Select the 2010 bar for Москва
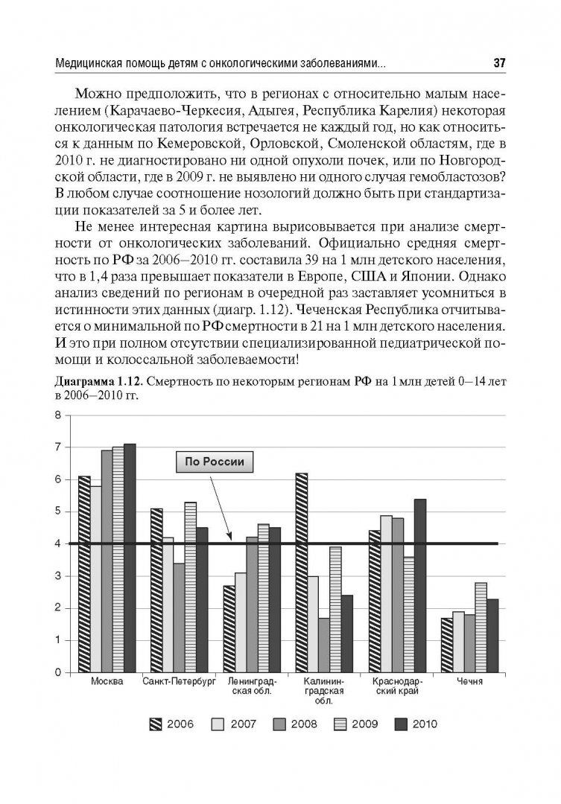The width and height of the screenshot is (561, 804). (x=130, y=558)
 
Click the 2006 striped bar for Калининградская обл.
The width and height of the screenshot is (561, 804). (x=301, y=572)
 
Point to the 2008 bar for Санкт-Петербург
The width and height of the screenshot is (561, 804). (x=178, y=617)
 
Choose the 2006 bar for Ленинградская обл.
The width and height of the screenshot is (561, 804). (x=229, y=628)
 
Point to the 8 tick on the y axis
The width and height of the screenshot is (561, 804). (x=57, y=415)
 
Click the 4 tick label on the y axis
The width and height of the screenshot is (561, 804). (x=57, y=543)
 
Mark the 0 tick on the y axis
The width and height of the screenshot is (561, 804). (x=57, y=672)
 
